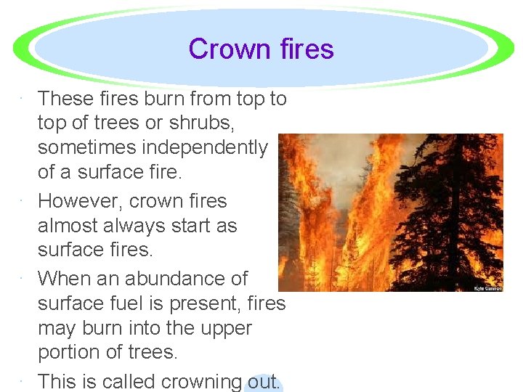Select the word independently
(x=205, y=147)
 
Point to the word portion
(x=72, y=352)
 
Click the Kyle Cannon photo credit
(x=487, y=288)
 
